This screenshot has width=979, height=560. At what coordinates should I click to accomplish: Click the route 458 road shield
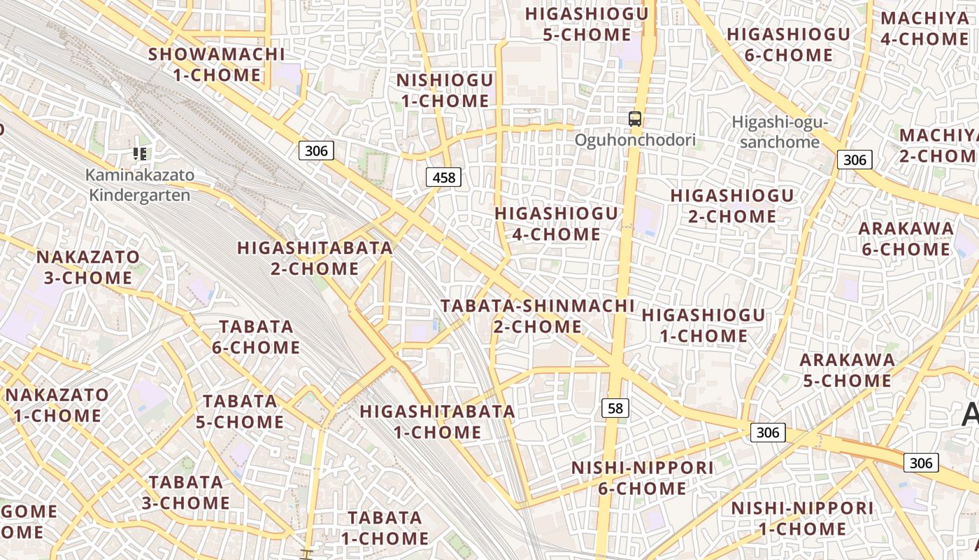(x=444, y=178)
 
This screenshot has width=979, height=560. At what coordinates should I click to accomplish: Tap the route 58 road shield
(x=615, y=408)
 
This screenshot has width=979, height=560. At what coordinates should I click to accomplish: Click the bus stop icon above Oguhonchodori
(x=635, y=119)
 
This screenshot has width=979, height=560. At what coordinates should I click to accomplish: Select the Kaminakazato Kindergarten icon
(x=139, y=154)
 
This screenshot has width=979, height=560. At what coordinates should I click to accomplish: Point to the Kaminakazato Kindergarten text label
(x=139, y=185)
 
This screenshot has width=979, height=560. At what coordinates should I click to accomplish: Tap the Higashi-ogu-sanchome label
(x=780, y=132)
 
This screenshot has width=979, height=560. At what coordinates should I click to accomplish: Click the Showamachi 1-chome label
(x=217, y=64)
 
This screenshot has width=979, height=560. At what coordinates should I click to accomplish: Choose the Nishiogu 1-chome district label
(x=445, y=90)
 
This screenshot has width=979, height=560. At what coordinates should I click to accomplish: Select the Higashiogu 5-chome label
(x=587, y=24)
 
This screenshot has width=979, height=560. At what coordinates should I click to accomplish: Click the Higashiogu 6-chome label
(x=788, y=44)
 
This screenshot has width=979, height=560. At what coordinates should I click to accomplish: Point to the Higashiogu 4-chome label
(x=557, y=223)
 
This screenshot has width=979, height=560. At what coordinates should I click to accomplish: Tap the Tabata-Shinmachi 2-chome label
(x=538, y=316)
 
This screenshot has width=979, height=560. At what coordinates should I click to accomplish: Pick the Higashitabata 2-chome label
(x=315, y=258)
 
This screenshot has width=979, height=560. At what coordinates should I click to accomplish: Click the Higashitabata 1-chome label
(x=438, y=421)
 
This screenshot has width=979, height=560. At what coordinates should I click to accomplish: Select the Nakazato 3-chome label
(x=88, y=267)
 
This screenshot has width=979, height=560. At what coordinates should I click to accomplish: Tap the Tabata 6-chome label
(x=256, y=337)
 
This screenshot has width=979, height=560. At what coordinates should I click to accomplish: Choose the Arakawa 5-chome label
(x=847, y=370)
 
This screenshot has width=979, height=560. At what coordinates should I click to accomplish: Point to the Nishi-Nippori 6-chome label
(x=643, y=477)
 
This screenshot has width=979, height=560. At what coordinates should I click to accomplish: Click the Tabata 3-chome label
(x=186, y=492)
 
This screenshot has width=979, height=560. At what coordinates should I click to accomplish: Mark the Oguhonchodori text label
(x=635, y=140)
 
